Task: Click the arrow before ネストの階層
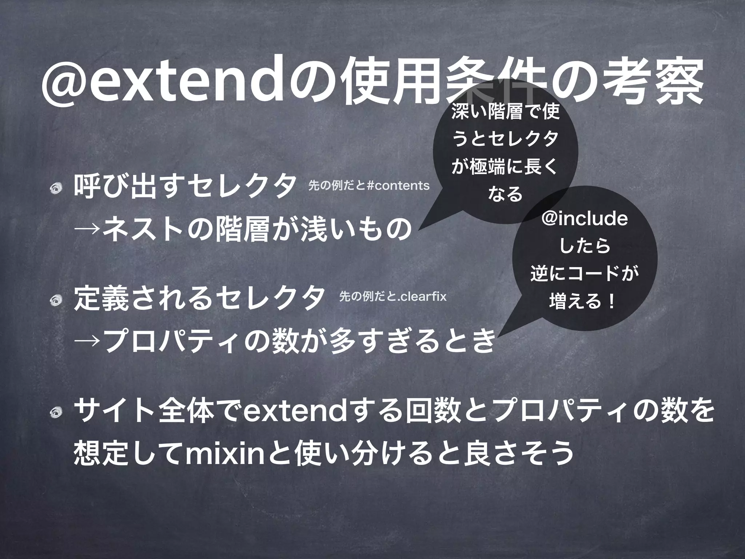tap(87, 231)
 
